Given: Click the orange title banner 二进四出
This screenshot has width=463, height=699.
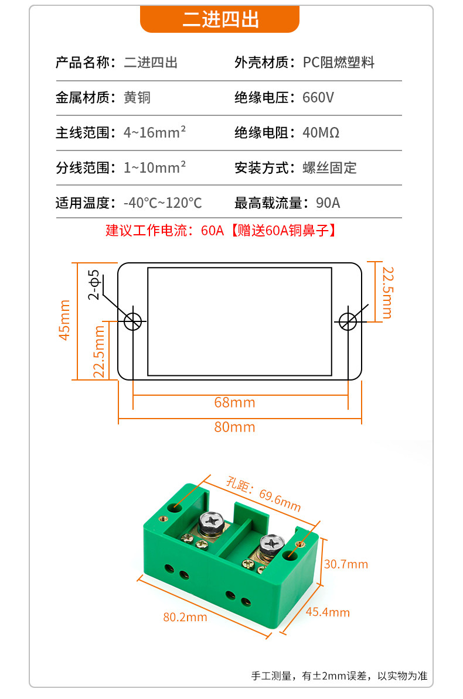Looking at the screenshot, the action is point(220,20).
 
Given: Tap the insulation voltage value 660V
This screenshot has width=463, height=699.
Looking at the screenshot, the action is point(318,97).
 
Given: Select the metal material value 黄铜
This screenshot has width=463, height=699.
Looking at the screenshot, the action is point(137,97).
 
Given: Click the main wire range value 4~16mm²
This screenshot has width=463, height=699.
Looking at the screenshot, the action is point(155,132).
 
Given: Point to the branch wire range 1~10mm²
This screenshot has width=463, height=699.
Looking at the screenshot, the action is point(155,167).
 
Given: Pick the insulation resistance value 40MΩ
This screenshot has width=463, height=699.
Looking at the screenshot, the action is point(321,132).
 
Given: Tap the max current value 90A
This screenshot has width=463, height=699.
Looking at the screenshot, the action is point(328,203).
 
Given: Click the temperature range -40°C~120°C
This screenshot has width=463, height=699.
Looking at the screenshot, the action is point(162,203).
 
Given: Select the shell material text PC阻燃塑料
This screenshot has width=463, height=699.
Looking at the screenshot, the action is point(338,63).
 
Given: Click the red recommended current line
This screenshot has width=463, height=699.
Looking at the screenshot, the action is point(221,231).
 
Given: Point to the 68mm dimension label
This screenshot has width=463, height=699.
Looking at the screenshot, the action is point(235,403).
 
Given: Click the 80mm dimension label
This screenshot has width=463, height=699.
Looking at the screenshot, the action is point(235,427).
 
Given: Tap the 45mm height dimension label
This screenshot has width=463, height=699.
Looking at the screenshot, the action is point(64,320).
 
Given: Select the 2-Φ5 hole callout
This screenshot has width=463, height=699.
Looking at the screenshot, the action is point(94,285).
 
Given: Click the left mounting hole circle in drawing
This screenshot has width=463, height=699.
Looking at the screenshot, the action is point(132,321).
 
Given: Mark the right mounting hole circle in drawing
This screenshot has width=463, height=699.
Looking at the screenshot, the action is point(348,321).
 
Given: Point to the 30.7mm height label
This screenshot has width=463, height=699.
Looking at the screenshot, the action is point(346,564).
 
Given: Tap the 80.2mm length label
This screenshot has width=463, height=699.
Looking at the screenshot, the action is point(185,617).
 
